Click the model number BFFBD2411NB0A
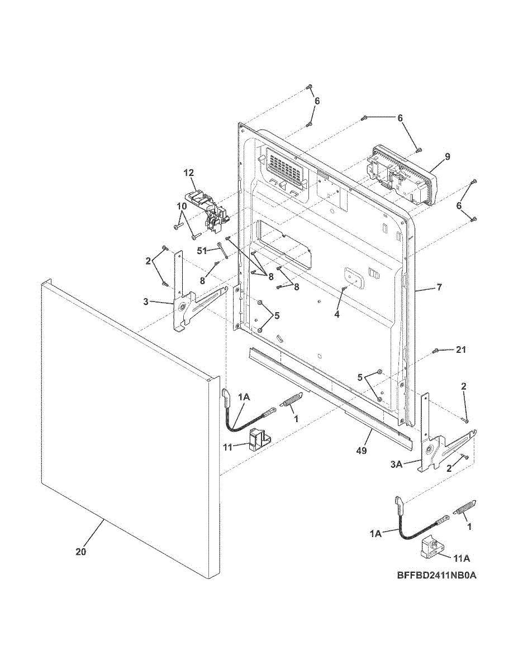click(x=437, y=575)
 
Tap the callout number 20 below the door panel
click(x=81, y=552)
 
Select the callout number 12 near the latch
click(x=188, y=173)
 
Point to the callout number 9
click(x=447, y=157)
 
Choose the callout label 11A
click(x=462, y=557)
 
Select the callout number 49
click(x=362, y=450)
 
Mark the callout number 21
click(x=460, y=350)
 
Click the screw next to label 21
click(x=435, y=351)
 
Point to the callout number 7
click(x=439, y=288)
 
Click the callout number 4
click(x=336, y=314)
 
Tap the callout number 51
click(x=202, y=251)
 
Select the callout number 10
click(x=182, y=205)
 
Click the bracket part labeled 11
click(x=258, y=438)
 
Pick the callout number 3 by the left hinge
click(x=146, y=302)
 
